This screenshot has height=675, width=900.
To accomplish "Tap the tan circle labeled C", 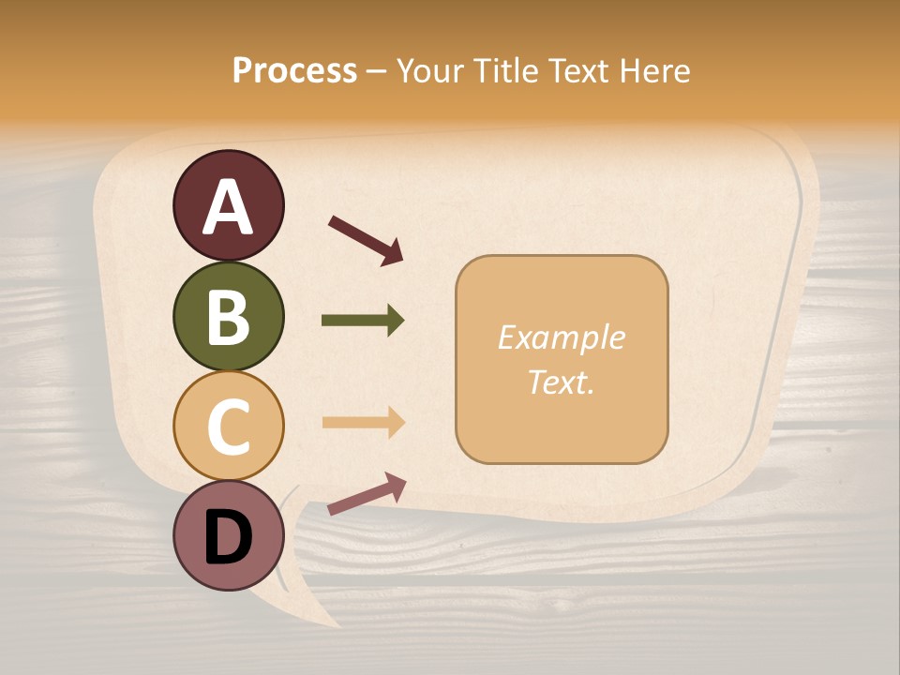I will pos(228,427).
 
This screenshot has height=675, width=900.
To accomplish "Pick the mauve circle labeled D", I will pos(228,536).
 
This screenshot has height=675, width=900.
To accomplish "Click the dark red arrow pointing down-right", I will pos(365,240).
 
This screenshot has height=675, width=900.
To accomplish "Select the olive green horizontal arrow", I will pos(363,321).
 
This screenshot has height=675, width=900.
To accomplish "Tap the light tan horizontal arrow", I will pos(363,422).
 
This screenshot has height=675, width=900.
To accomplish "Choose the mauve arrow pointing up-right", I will pos(367,493).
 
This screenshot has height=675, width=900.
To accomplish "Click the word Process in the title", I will pos(294,70).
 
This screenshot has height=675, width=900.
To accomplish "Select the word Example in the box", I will pos(561,337).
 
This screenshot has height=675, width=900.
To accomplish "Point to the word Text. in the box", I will pos(561,382).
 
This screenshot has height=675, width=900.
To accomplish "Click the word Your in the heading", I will pos(430,70).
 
